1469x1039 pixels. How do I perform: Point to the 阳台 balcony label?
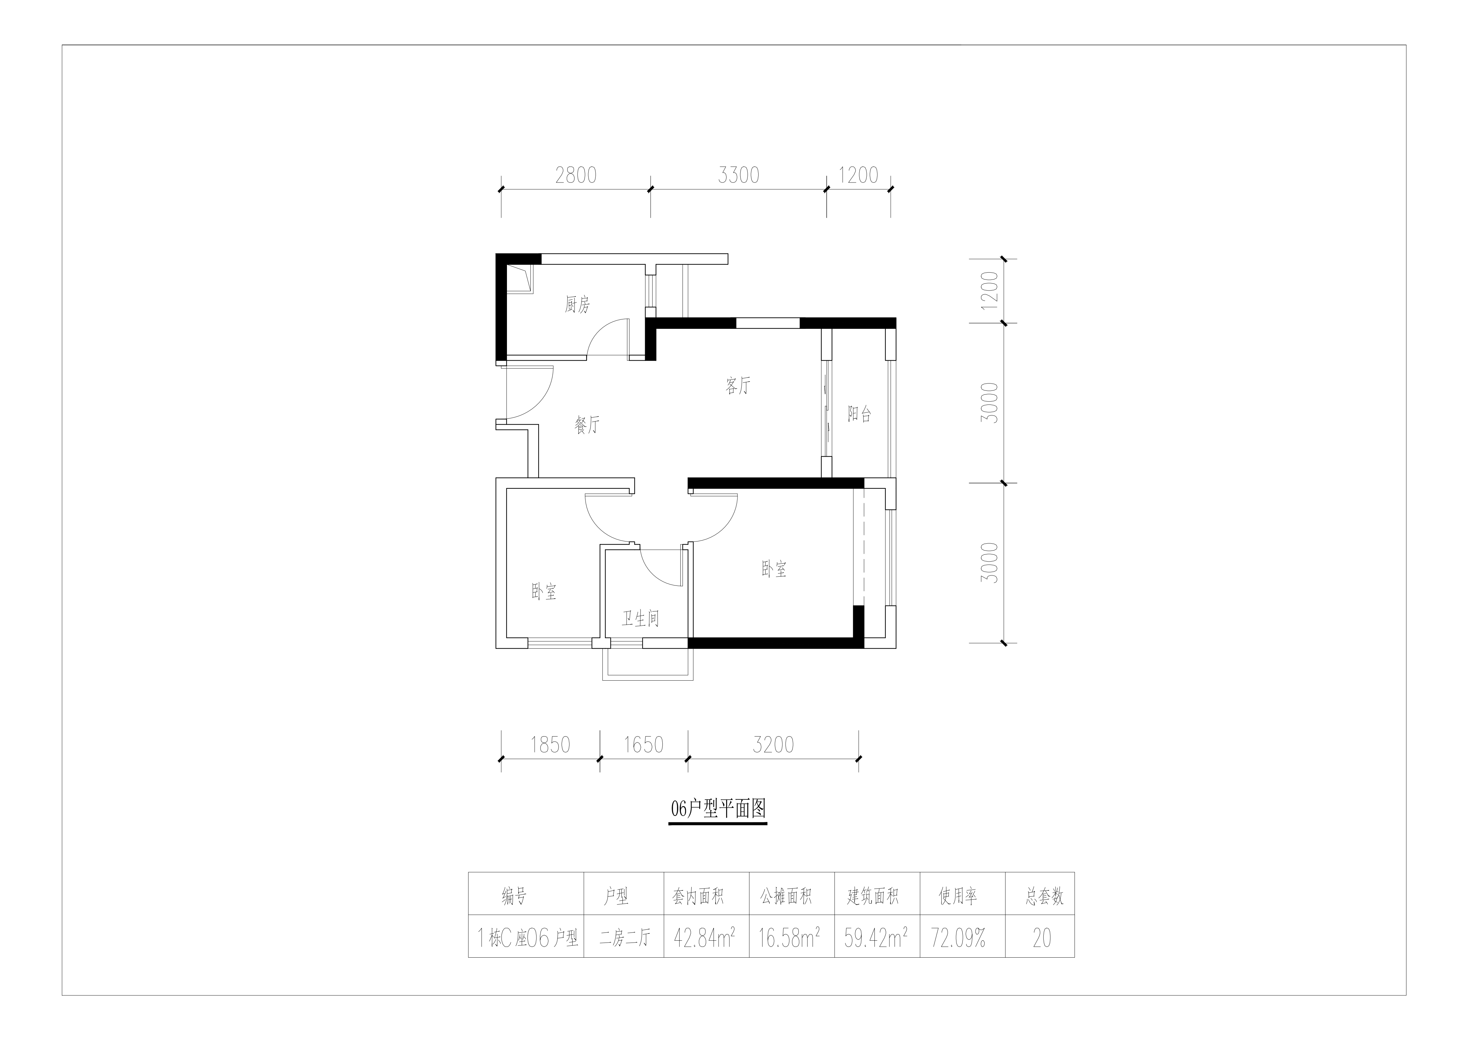coord(859,414)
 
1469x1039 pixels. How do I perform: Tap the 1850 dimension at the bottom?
coord(550,745)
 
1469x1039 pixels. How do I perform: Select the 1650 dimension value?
coord(644,745)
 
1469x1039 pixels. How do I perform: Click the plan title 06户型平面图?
coord(718,809)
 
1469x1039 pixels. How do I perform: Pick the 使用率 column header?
coord(958,896)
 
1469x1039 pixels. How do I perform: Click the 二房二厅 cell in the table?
coord(624,938)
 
